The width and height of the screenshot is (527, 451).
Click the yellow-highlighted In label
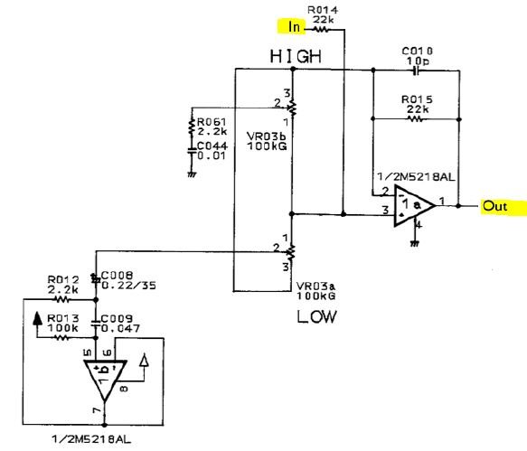pos(292,26)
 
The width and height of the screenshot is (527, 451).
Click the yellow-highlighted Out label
pos(503,206)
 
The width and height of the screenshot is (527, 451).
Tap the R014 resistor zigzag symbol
pos(321,30)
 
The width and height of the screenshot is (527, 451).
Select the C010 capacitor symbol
pos(417,70)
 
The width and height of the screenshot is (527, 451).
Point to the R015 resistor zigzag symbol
pos(415,118)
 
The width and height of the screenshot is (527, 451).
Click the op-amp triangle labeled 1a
pos(414,205)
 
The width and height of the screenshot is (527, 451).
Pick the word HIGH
pos(296,56)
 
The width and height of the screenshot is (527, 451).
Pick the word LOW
pos(316,317)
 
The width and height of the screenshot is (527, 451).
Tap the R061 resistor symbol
pos(192,127)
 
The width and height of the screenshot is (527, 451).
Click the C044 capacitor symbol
pos(192,151)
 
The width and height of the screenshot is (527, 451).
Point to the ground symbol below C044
pos(192,174)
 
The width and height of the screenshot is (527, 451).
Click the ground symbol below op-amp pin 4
pos(415,243)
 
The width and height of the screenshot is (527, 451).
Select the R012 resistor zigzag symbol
pos(61,299)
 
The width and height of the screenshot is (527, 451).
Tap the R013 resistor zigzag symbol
pos(61,337)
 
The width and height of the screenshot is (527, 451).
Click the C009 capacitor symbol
pos(96,323)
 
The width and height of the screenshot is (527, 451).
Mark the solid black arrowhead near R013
pos(37,318)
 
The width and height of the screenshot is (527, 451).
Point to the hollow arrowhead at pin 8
pos(145,360)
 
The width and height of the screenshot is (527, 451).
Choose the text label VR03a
pos(315,287)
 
